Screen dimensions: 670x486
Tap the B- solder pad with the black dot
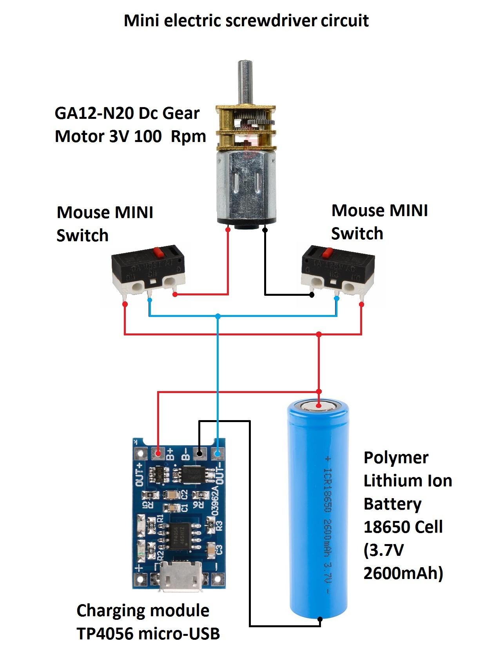[199, 454]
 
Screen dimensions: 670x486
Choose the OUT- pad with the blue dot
[218, 454]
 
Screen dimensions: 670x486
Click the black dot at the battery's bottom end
[320, 619]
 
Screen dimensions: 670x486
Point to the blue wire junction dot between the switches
[218, 316]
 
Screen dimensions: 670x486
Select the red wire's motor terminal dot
[228, 230]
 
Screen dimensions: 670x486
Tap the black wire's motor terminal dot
[265, 230]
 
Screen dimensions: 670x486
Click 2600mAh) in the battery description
[403, 574]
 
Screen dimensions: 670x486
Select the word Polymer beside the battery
[396, 458]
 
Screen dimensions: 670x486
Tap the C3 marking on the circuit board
[219, 550]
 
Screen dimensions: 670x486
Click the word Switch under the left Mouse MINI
[82, 235]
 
